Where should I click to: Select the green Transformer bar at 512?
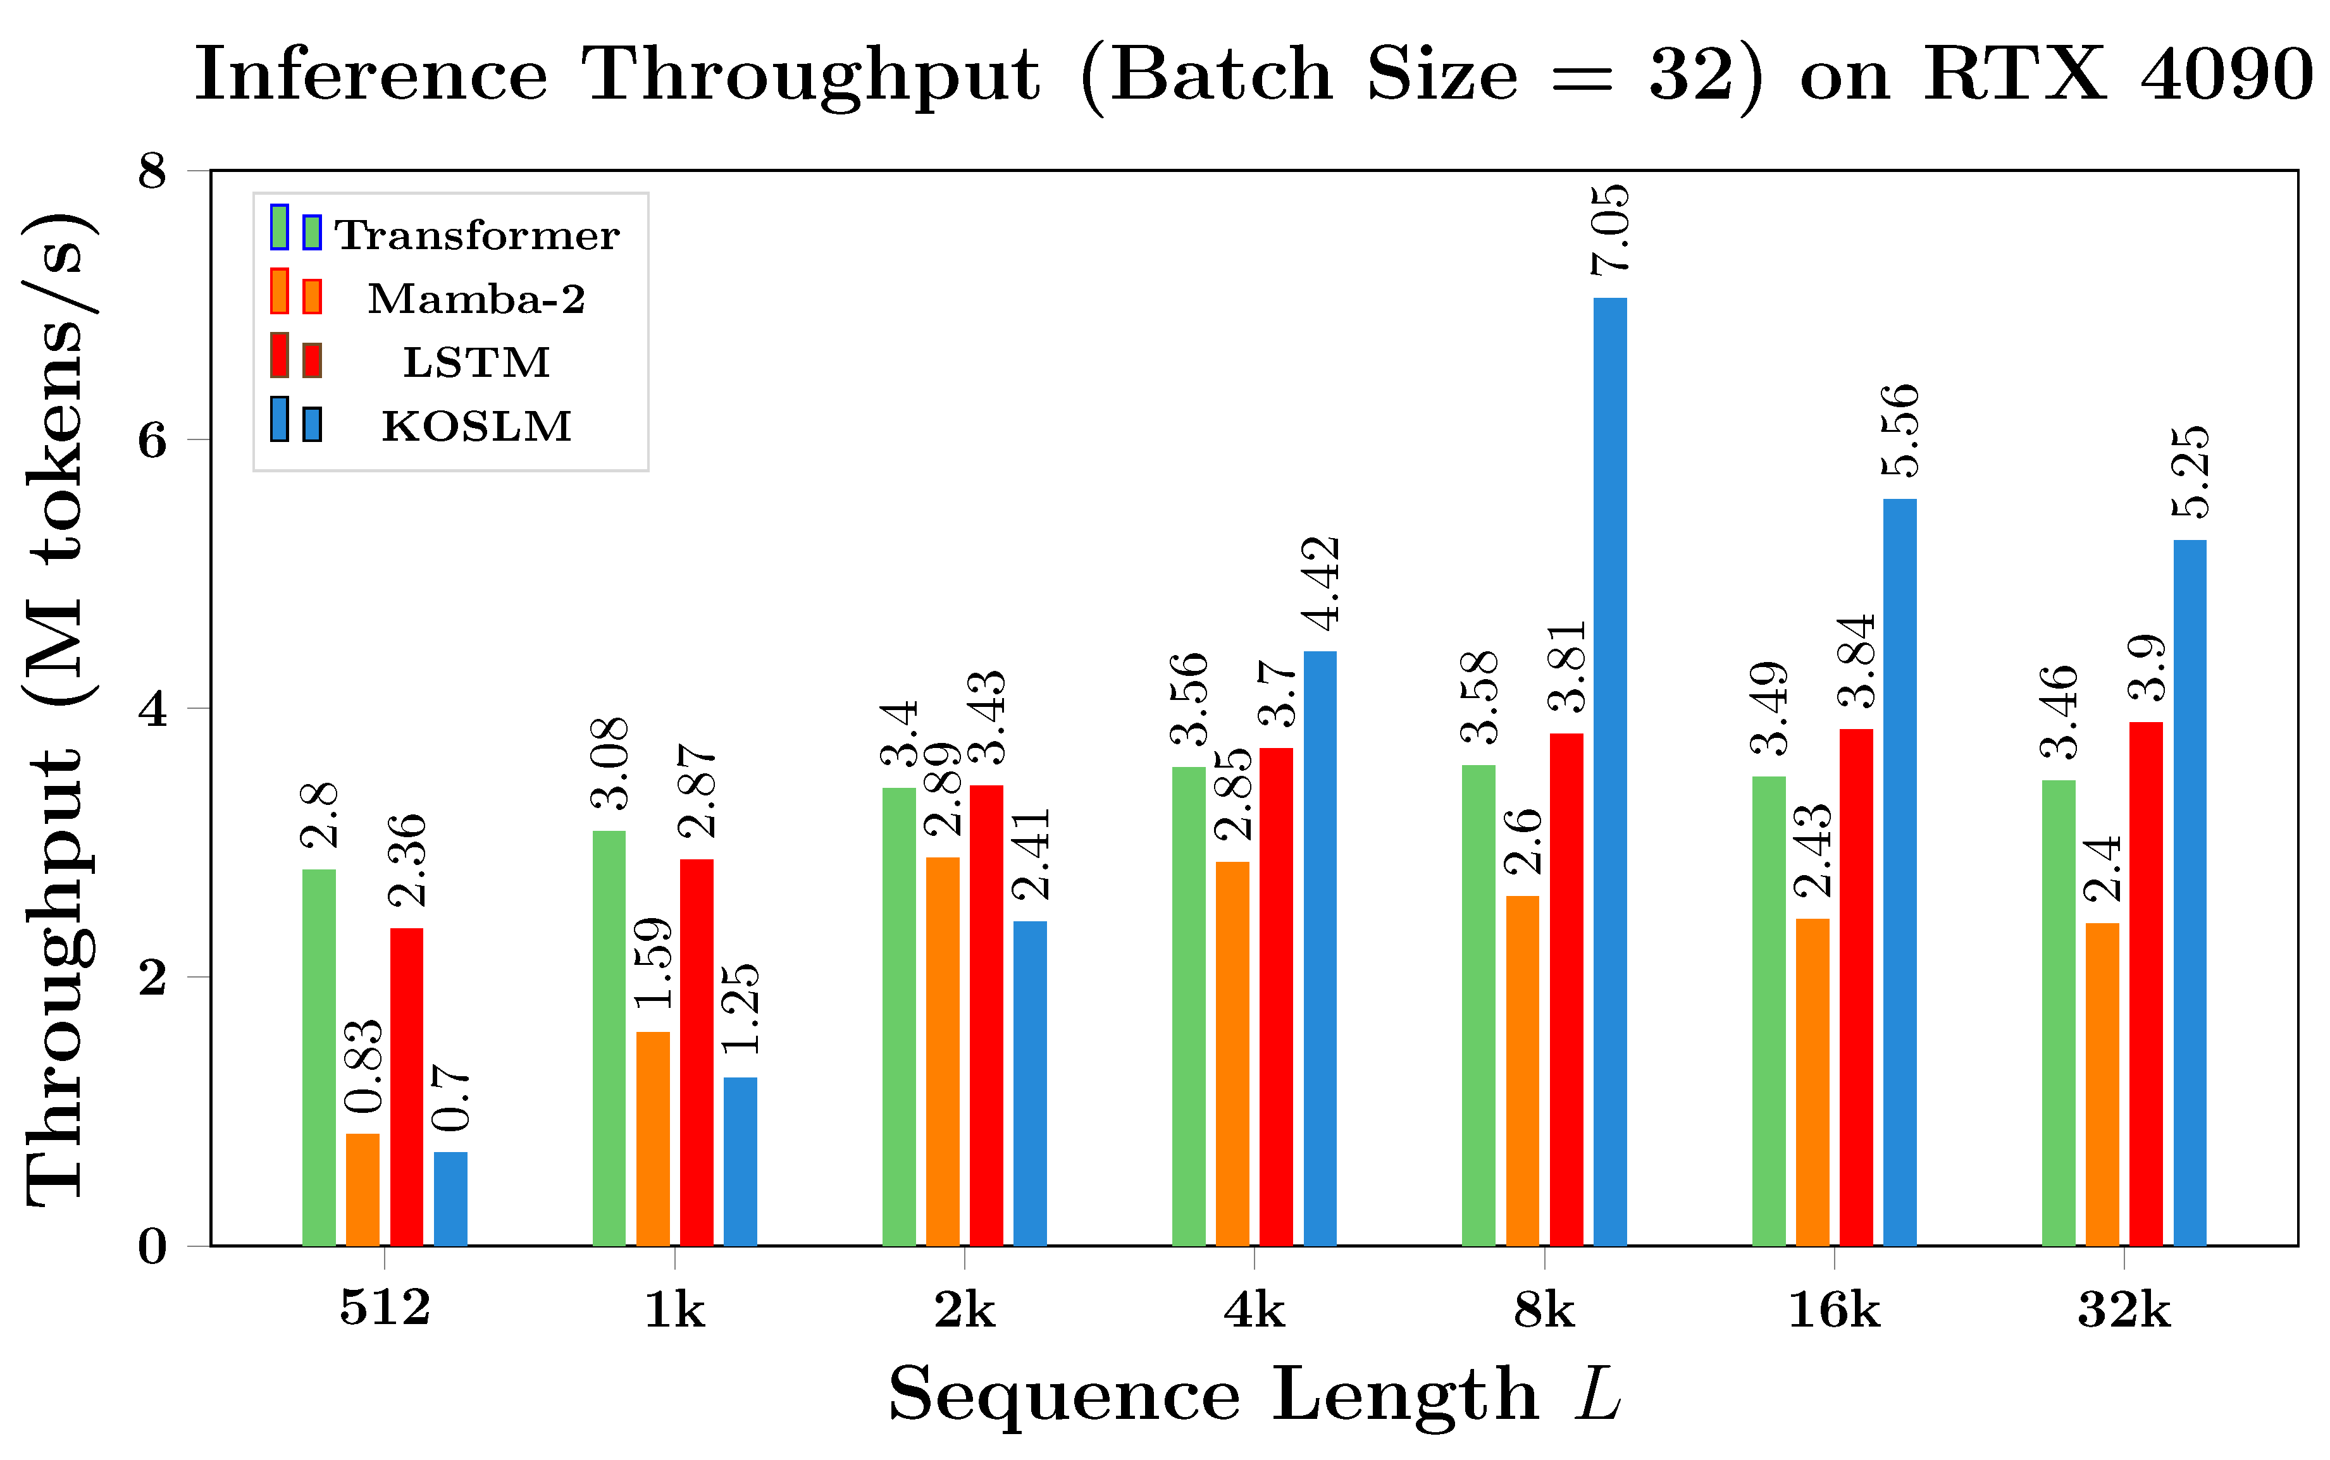319,1057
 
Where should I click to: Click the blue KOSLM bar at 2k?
1030,1083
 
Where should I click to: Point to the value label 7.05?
1610,230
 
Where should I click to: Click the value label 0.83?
363,1065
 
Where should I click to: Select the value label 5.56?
1900,431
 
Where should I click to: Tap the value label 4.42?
1320,583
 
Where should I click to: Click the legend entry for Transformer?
476,235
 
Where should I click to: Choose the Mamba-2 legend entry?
476,298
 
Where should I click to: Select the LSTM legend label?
476,362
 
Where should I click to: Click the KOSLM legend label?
476,426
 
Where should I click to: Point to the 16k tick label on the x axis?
1833,1310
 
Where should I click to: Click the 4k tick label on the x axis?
1254,1310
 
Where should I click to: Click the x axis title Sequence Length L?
1254,1394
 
